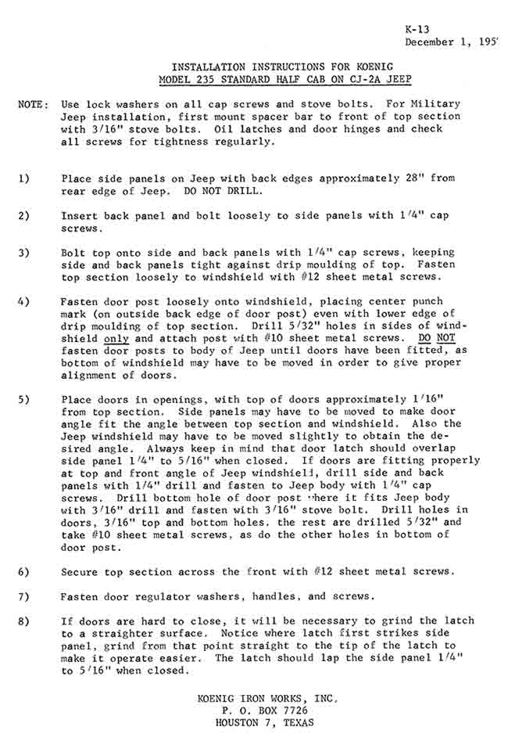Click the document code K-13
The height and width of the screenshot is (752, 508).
(x=417, y=30)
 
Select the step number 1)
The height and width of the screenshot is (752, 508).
(x=24, y=178)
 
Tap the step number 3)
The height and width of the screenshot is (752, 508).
(x=24, y=253)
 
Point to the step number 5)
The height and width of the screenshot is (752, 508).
(x=24, y=399)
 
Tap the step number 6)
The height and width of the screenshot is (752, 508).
(x=24, y=572)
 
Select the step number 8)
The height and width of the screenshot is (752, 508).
(x=24, y=621)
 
